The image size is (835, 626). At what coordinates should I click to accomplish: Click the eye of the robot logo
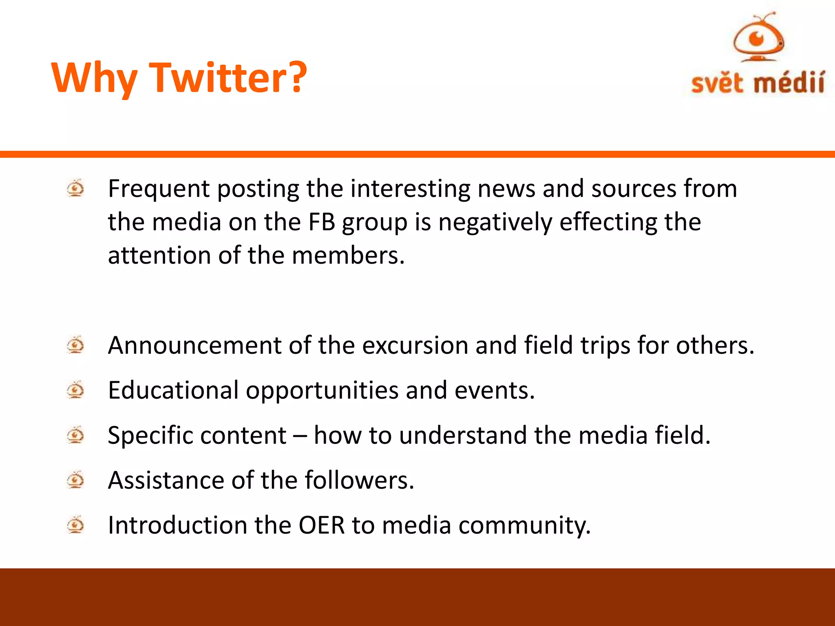point(758,39)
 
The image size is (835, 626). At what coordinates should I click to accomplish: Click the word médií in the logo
point(789,83)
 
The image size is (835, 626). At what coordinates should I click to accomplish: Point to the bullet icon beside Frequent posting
point(75,188)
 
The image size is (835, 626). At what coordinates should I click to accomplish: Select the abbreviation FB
point(322,222)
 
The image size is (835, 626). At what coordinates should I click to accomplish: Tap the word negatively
point(495,223)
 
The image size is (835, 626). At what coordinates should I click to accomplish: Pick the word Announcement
point(194,346)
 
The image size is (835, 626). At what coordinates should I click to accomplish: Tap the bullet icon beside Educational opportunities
point(75,390)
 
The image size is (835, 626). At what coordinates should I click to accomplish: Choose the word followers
point(359,480)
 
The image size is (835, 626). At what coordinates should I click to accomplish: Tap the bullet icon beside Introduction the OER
point(75,525)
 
